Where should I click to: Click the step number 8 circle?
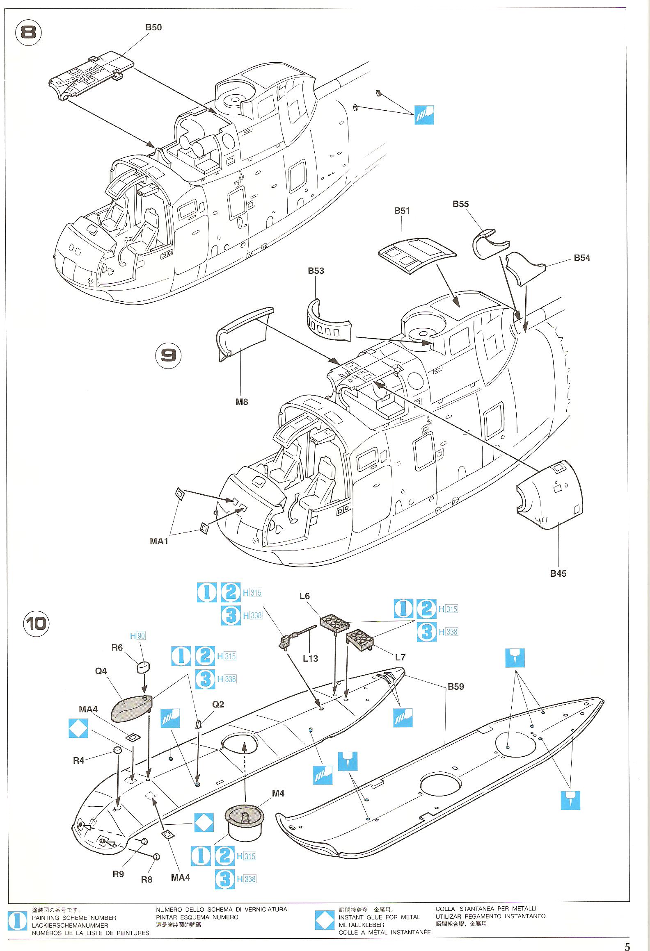(x=28, y=32)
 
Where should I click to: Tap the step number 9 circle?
(x=168, y=355)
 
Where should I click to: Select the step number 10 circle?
(x=36, y=624)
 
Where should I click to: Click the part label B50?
(x=153, y=27)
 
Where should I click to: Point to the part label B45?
(x=558, y=573)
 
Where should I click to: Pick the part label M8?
(x=242, y=402)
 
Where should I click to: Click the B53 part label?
(x=316, y=271)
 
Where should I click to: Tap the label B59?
(x=455, y=687)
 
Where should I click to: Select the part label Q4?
(x=101, y=671)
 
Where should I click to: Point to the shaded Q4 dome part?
(x=131, y=708)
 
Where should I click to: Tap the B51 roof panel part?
(x=417, y=255)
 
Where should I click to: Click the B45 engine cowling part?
(x=550, y=494)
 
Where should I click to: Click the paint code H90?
(x=137, y=636)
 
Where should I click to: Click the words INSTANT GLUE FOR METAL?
(x=379, y=917)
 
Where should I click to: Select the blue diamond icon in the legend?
(x=325, y=920)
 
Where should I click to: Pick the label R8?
(x=146, y=880)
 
